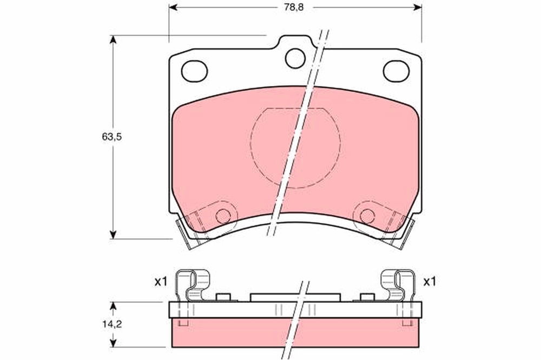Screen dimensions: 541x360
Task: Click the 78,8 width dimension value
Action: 294,8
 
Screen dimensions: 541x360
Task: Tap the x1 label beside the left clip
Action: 161,282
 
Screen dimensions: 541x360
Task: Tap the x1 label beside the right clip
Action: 430,282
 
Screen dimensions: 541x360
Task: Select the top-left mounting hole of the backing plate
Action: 194,71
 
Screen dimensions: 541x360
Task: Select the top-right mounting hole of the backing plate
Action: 396,71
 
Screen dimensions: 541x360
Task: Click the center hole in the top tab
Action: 295,58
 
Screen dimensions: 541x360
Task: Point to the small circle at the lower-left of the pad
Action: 223,216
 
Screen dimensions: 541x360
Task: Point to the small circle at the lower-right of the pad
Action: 367,216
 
